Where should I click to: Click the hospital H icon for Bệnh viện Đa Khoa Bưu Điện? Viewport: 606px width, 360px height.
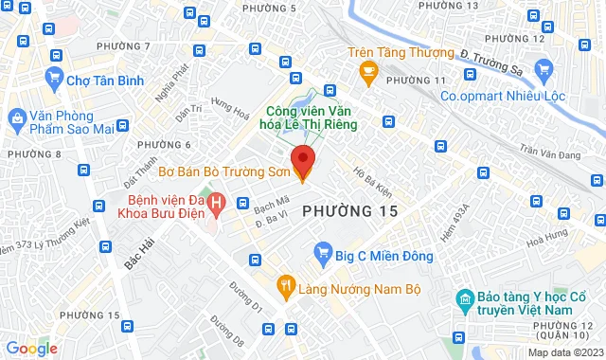coord(217,202)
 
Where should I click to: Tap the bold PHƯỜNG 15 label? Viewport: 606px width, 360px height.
coord(348,209)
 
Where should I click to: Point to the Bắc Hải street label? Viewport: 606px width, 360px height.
coord(137,258)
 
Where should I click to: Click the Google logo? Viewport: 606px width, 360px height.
coord(31,349)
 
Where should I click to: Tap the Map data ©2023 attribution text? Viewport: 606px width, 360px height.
coord(565,352)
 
